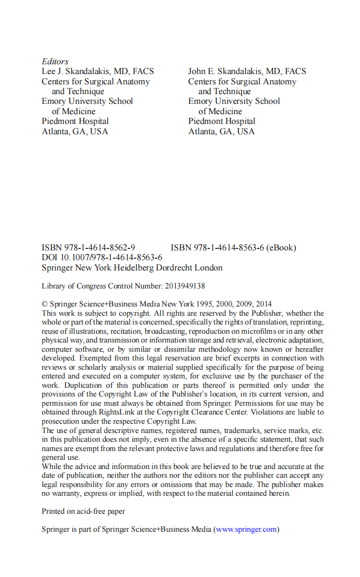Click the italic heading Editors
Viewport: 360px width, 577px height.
coord(55,62)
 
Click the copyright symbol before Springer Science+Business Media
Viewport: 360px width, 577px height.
coord(45,304)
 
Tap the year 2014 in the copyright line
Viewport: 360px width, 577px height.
coord(263,304)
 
